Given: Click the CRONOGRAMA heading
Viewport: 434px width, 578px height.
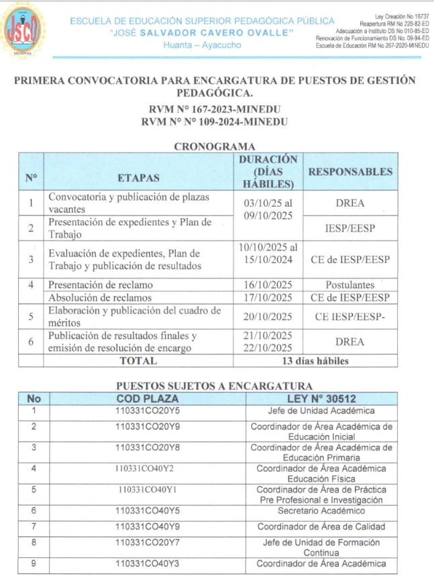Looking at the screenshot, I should coord(214,146).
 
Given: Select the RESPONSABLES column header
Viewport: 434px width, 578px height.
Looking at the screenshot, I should coord(349,172).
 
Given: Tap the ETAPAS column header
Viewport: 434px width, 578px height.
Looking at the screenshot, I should coord(139,178).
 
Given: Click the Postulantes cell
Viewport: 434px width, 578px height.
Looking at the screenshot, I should coord(349,285).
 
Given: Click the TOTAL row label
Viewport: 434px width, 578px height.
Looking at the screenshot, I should coord(138,360).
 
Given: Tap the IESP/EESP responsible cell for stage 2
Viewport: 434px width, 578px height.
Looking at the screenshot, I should coord(349,228).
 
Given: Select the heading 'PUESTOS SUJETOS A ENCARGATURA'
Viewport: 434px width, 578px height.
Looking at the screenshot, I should coord(214,386).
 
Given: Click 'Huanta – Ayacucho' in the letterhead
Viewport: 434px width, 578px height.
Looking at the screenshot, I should coord(201,45).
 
